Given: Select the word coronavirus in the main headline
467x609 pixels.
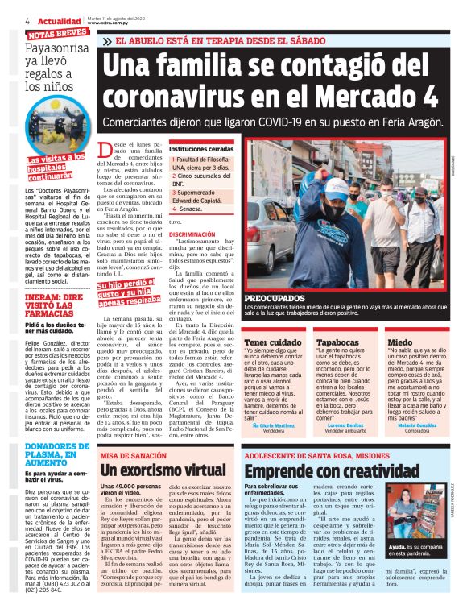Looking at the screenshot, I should click(200, 95).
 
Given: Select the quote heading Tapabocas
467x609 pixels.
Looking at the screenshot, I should click(343, 342).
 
